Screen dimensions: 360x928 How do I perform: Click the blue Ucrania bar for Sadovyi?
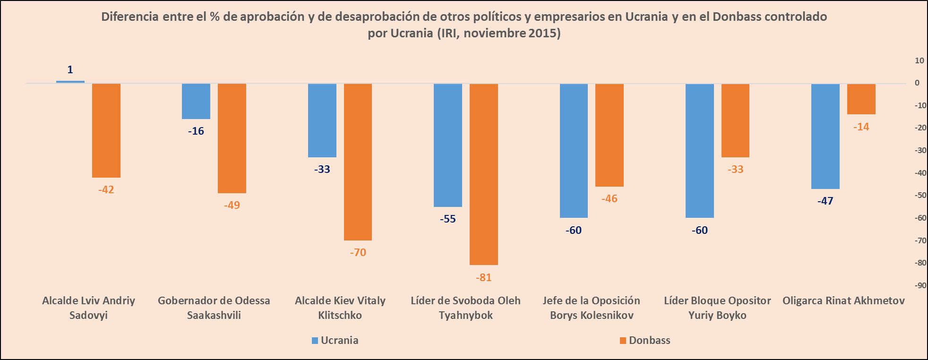70,82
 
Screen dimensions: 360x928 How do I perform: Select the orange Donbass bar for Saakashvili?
232,138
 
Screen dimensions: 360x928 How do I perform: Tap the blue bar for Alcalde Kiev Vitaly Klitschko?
322,120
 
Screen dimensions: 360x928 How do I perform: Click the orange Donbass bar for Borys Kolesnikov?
610,135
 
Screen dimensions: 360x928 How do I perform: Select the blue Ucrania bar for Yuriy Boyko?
700,151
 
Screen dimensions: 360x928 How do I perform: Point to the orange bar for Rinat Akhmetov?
861,99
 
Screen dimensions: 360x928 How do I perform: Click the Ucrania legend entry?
335,341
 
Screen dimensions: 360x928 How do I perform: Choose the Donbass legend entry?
645,341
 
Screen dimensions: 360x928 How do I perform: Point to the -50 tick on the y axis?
920,195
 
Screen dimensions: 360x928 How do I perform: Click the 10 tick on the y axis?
919,60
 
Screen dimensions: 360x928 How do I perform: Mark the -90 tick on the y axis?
920,285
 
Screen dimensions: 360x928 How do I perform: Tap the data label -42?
106,190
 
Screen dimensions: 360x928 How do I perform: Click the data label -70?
358,253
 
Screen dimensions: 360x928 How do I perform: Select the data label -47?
825,201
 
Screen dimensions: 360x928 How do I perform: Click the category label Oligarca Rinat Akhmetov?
843,301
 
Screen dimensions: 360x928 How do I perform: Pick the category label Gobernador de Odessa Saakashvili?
214,308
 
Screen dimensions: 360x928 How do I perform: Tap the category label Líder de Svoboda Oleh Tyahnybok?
465,308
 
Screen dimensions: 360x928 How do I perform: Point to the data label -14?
861,127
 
